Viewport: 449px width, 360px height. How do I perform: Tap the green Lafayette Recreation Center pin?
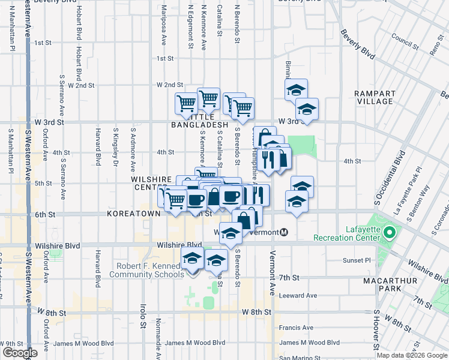388,232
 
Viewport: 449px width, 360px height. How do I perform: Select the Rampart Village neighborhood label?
375,98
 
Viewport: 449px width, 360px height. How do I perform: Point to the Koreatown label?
133,213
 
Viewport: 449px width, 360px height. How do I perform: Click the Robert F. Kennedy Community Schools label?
146,270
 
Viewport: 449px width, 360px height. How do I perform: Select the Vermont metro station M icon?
285,232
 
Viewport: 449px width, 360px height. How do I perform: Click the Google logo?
20,353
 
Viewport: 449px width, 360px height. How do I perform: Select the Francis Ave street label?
296,328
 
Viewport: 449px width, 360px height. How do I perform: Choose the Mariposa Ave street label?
163,26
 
